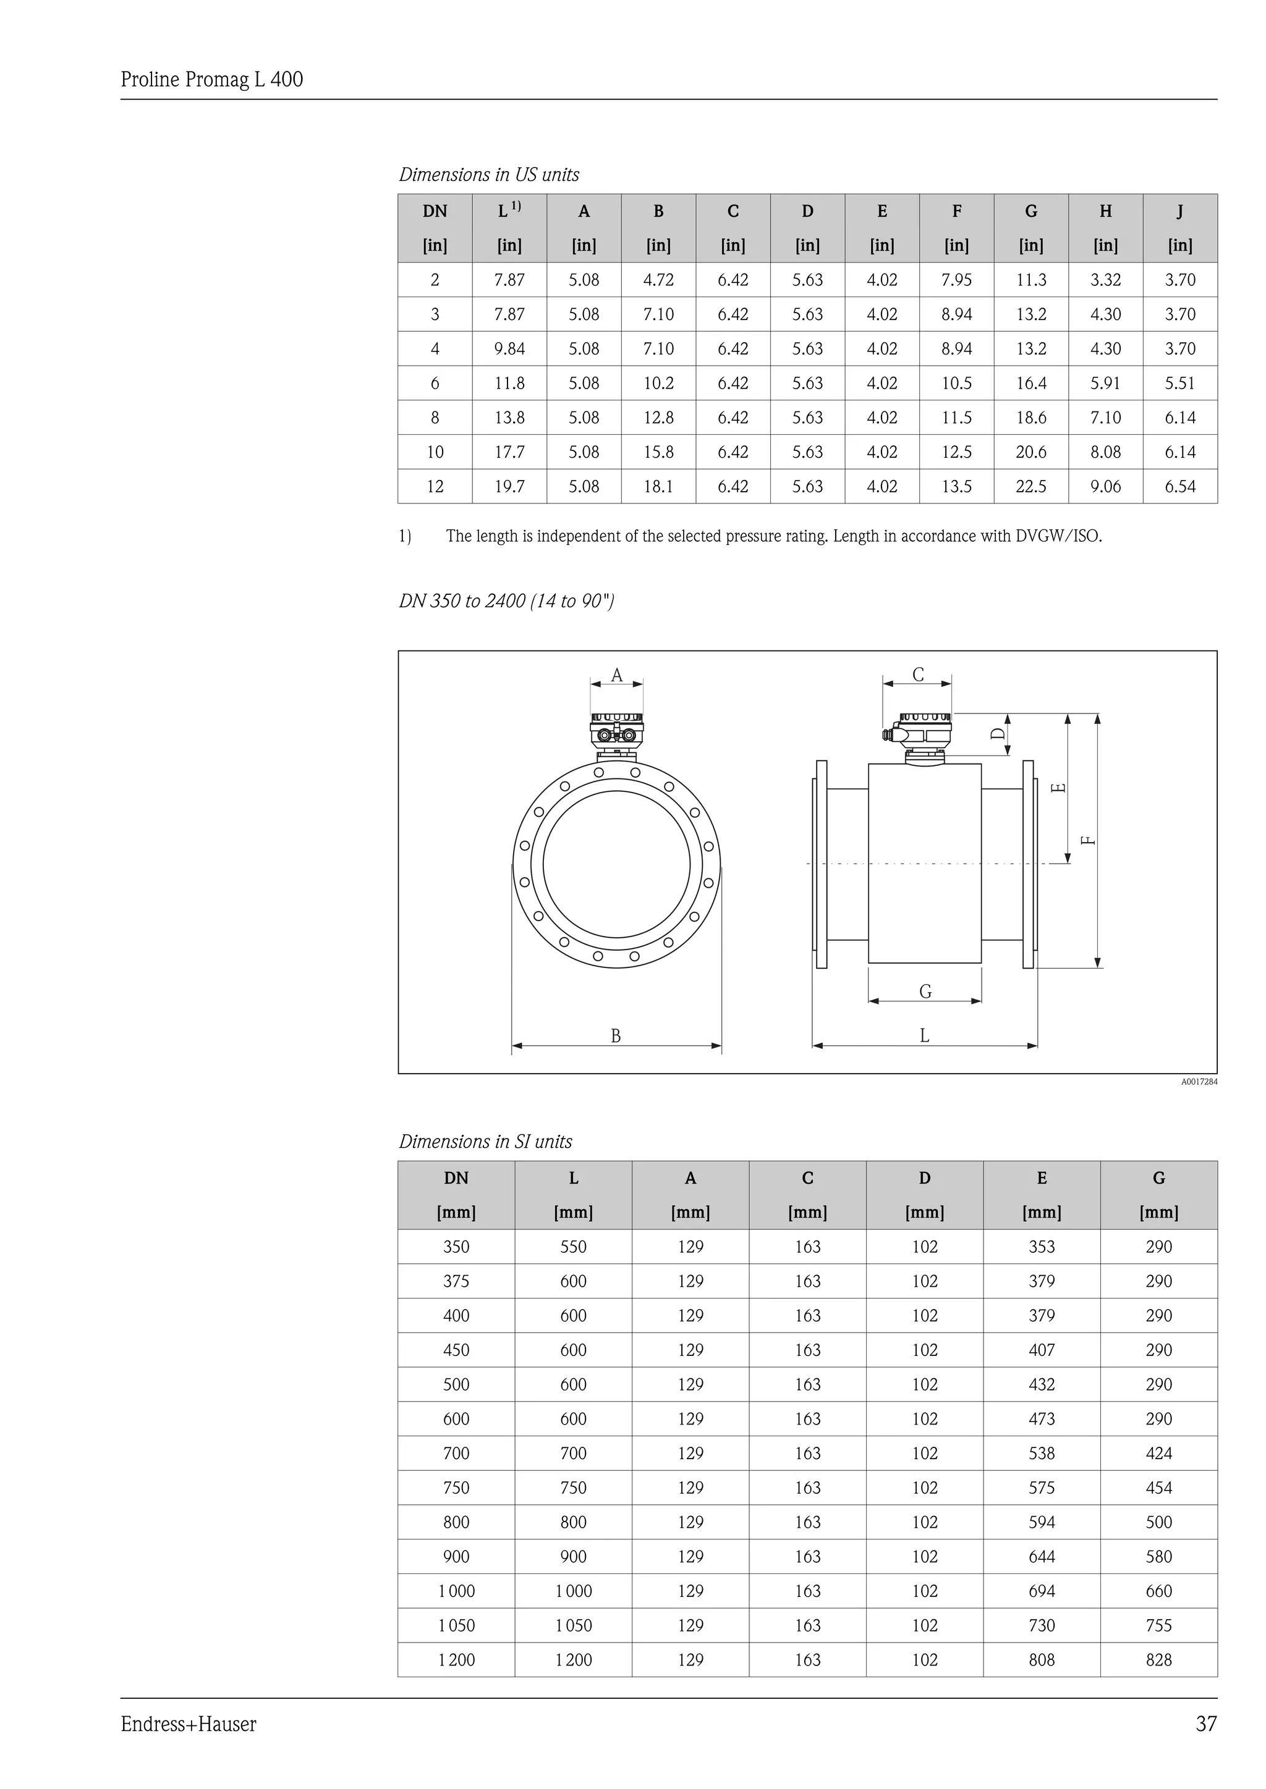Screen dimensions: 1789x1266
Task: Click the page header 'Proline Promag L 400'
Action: pos(211,80)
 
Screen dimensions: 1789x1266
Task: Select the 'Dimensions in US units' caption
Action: pos(489,175)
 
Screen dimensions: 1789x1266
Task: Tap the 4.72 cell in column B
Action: pos(658,280)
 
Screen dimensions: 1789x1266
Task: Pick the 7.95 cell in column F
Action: pos(956,280)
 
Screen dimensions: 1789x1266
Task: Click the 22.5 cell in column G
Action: pos(1030,486)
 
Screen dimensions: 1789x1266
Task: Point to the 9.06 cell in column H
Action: pos(1105,486)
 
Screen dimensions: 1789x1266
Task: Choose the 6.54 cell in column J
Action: pos(1179,486)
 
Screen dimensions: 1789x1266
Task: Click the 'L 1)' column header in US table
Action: pos(509,211)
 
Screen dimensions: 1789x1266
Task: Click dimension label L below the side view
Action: pos(925,1035)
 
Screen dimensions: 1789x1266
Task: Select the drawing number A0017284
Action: pos(1198,1082)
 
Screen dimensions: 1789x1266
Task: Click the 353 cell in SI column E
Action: pos(1042,1247)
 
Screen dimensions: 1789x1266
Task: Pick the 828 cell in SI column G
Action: pos(1158,1660)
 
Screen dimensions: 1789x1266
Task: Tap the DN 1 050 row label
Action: pos(456,1625)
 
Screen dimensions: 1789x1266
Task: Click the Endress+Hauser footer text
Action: pos(188,1724)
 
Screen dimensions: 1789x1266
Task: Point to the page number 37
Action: pos(1205,1724)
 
